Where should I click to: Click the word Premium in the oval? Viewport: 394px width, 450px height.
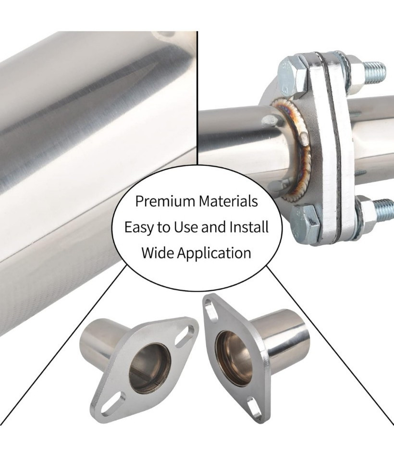165,201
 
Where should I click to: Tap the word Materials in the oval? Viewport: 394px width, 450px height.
228,201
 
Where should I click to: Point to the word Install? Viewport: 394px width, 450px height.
249,227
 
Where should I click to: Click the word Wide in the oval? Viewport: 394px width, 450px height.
157,253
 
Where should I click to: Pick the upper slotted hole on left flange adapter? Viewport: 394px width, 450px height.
185,336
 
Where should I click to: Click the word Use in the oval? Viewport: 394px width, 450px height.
185,227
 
